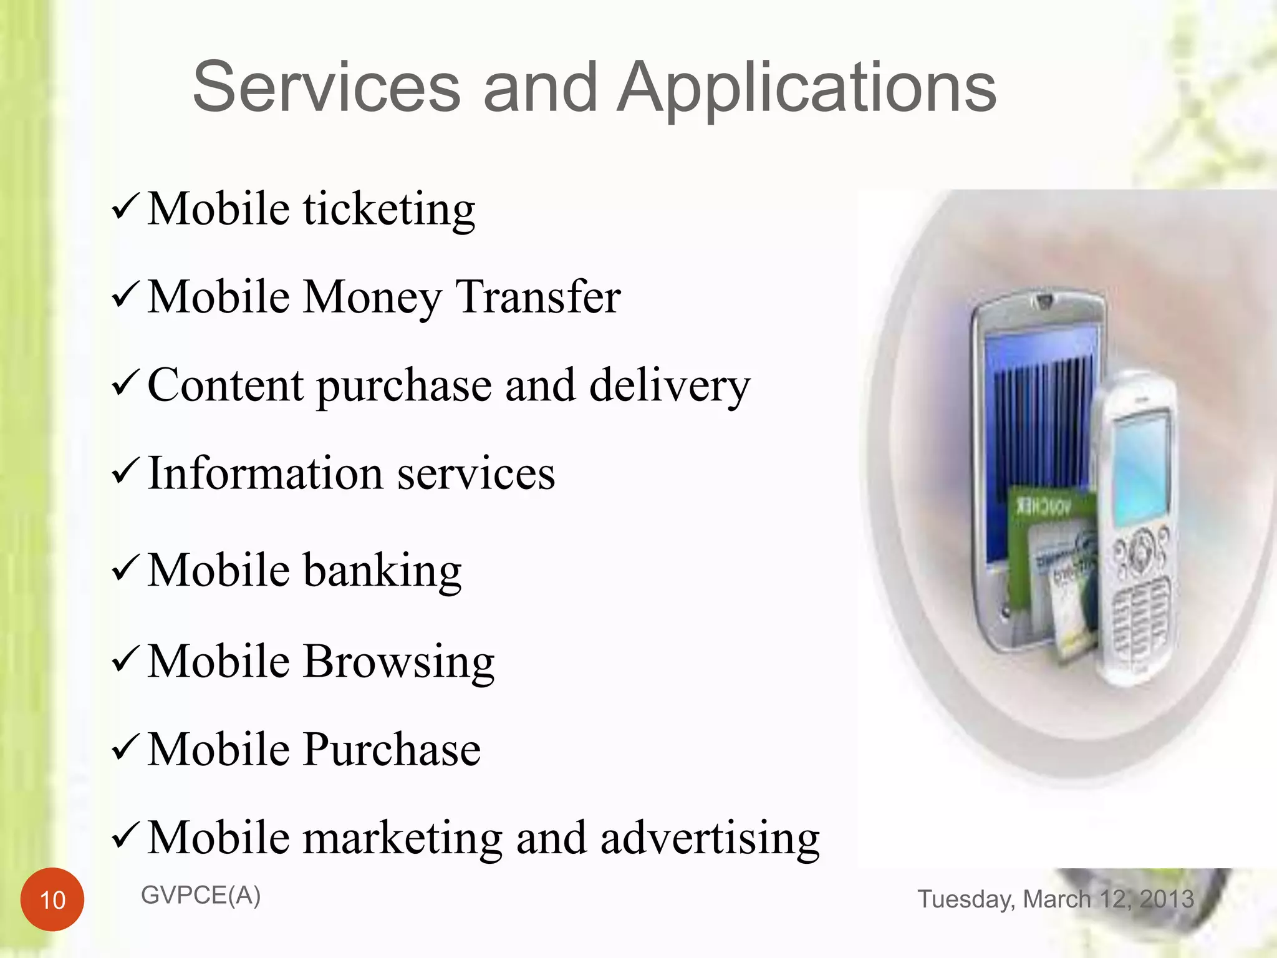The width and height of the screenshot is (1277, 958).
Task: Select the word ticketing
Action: click(x=389, y=210)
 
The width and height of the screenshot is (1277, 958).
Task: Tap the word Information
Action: click(x=265, y=473)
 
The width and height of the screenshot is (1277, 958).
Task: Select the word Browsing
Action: click(x=398, y=662)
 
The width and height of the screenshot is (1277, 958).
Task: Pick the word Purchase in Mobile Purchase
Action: click(x=392, y=749)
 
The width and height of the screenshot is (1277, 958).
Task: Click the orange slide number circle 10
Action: click(x=52, y=899)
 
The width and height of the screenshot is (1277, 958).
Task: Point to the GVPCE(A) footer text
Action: click(x=201, y=896)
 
